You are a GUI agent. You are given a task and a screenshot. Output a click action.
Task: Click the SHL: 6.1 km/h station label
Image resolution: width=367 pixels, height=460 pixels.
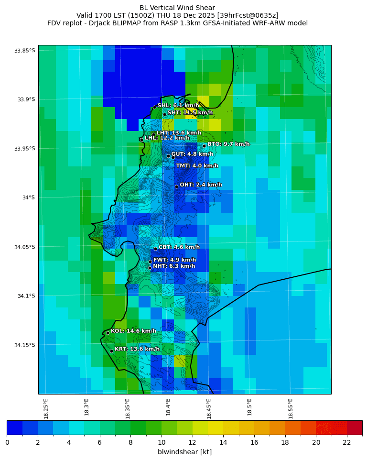178,105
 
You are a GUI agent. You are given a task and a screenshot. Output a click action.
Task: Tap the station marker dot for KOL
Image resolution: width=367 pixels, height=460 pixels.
108,332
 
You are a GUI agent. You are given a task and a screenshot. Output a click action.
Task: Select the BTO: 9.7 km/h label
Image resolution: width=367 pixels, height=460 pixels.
228,144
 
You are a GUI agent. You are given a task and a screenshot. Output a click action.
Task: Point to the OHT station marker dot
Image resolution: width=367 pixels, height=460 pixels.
176,186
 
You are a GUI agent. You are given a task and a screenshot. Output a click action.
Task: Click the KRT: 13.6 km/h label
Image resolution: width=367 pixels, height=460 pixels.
137,349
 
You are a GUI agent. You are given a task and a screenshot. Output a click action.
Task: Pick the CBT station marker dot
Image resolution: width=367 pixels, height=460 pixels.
155,249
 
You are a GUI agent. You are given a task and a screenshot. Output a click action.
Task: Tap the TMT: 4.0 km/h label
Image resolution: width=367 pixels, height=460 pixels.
197,166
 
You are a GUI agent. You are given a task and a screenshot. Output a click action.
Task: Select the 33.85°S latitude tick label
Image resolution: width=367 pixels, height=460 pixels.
25,51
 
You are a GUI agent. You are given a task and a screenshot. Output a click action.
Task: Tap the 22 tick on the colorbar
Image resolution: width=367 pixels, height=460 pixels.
347,442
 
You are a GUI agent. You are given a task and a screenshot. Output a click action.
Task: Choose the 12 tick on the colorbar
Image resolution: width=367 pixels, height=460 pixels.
192,442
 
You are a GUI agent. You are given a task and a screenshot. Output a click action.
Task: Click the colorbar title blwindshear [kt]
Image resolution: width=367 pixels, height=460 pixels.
184,452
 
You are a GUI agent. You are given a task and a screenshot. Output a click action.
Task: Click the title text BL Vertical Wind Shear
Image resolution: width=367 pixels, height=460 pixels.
177,8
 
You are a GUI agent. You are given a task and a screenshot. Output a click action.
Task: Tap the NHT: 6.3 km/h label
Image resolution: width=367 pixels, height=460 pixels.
174,266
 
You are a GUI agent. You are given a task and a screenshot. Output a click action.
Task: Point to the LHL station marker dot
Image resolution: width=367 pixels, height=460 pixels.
141,140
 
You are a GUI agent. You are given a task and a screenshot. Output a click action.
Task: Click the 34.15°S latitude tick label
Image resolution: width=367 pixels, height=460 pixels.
25,345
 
